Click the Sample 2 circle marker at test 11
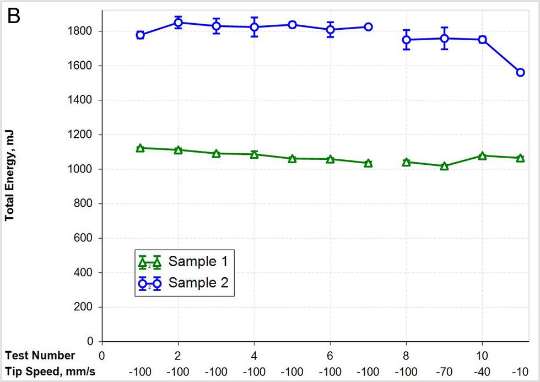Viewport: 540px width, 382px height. tap(520, 73)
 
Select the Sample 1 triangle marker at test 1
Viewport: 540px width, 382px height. tap(140, 148)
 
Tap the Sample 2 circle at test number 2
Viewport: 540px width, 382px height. tap(178, 23)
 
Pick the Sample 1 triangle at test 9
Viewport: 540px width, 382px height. tap(444, 165)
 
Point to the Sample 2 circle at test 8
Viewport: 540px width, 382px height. tap(407, 40)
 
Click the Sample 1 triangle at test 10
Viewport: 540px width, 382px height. tap(482, 156)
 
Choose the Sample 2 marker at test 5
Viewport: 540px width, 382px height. tap(292, 25)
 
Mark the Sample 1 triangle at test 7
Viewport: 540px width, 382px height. tap(368, 163)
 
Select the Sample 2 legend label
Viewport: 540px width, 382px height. tap(198, 283)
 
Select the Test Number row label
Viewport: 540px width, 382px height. tap(40, 356)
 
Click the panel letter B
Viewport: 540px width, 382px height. tap(13, 16)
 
